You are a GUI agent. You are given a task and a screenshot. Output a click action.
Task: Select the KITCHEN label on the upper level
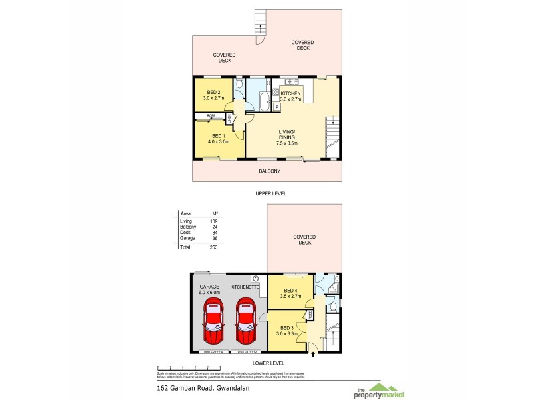290,93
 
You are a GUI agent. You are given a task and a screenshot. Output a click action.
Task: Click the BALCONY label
269,171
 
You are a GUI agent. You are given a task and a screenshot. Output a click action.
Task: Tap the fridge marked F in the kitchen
276,106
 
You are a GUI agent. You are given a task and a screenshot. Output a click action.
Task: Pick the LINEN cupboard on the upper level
230,119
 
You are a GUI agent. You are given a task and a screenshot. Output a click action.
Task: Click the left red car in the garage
215,316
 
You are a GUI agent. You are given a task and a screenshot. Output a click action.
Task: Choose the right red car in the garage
245,316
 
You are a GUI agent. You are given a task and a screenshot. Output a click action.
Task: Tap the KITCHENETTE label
244,287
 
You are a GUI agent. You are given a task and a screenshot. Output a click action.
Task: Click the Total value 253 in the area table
213,247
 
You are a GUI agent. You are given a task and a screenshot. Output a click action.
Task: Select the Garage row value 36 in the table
214,238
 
